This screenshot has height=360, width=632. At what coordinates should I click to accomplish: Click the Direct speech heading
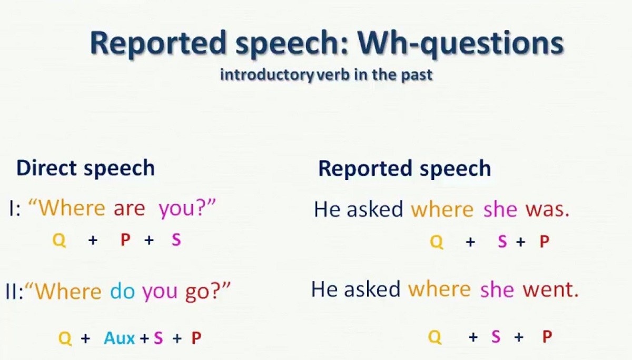[x=85, y=168]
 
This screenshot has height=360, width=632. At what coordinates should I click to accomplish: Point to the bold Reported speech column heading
[x=404, y=168]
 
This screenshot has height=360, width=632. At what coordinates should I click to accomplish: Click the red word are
[x=129, y=209]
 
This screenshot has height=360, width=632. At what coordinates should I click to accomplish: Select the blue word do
[x=122, y=292]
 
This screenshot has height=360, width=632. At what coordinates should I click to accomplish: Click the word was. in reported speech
[x=547, y=210]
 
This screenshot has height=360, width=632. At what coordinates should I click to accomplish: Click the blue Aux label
[x=120, y=338]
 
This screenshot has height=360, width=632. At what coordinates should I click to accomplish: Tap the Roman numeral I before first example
[x=11, y=209]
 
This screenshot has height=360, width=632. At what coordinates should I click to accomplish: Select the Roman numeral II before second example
[x=12, y=292]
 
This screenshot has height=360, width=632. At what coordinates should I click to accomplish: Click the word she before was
[x=500, y=210]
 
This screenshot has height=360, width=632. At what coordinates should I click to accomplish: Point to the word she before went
[x=497, y=290]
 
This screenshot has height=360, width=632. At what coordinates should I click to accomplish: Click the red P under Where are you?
[x=125, y=241]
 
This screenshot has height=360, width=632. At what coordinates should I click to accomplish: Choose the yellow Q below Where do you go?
[x=65, y=338]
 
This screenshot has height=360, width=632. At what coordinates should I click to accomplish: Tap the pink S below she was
[x=502, y=242]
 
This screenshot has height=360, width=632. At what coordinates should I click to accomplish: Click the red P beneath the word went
[x=547, y=337]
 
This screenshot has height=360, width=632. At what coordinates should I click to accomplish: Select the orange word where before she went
[x=439, y=290]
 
